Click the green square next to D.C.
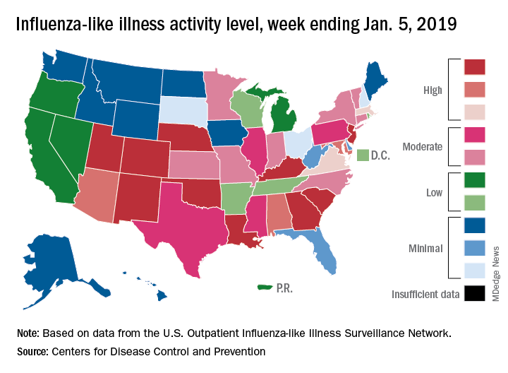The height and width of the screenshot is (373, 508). pyautogui.click(x=363, y=154)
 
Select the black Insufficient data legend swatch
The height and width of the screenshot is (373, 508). pyautogui.click(x=474, y=292)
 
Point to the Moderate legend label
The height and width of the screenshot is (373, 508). pyautogui.click(x=422, y=147)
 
